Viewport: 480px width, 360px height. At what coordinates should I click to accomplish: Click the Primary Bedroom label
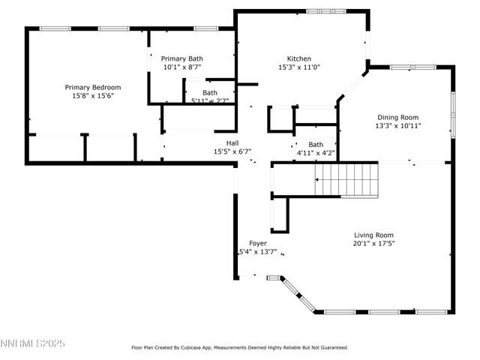click(92, 87)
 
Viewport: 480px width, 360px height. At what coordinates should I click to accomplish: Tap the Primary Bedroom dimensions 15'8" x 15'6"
click(92, 97)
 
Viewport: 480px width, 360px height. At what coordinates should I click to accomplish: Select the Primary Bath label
click(181, 58)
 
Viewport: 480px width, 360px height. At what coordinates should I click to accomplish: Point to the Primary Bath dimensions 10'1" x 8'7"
click(181, 67)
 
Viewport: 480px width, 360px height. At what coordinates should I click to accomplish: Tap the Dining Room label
click(398, 117)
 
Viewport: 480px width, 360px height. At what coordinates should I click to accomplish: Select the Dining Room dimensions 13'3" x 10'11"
click(398, 126)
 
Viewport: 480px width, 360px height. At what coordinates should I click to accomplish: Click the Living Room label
click(373, 235)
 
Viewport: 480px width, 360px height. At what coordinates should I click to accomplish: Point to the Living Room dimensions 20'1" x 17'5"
click(373, 244)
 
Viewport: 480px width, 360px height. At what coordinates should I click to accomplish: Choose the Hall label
click(232, 142)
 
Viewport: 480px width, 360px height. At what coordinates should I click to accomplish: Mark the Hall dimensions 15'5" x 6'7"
click(232, 151)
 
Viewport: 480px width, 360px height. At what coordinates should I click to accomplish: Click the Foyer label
click(258, 243)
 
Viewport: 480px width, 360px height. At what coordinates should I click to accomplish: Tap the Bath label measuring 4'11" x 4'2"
click(316, 145)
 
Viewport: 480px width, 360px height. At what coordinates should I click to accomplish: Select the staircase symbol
click(346, 181)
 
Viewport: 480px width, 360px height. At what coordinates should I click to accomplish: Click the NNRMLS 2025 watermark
click(33, 343)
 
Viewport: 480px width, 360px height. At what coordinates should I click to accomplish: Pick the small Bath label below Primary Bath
click(209, 92)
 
